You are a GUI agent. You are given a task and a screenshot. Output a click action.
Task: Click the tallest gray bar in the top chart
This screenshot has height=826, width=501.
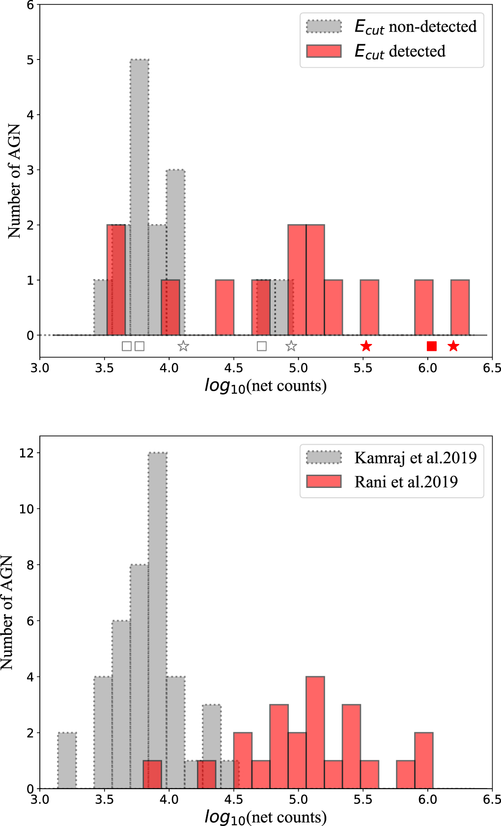(139, 197)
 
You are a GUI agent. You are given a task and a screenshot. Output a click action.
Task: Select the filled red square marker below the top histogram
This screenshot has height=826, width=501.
(432, 346)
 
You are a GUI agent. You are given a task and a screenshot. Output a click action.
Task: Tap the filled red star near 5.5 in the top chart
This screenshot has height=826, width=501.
(366, 346)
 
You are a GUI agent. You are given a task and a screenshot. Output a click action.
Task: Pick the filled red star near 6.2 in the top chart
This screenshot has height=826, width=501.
(453, 346)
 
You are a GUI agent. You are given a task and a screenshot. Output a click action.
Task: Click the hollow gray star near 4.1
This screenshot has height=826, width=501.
(183, 346)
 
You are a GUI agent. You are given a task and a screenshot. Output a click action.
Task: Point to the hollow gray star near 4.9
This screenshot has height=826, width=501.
(291, 346)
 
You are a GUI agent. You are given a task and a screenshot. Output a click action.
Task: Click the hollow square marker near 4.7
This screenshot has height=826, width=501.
(262, 346)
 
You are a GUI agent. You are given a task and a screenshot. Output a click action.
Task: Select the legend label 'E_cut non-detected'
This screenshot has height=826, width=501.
(415, 27)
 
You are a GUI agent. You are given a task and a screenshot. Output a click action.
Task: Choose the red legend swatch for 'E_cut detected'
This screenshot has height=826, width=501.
(324, 51)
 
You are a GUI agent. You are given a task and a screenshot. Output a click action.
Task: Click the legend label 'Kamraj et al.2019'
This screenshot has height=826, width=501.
(415, 458)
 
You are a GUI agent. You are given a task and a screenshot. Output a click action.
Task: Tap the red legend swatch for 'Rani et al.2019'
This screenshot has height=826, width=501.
(324, 482)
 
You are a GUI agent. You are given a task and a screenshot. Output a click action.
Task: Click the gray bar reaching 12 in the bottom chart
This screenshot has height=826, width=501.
(158, 619)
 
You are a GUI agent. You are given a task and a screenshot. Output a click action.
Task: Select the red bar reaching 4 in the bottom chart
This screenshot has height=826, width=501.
(315, 732)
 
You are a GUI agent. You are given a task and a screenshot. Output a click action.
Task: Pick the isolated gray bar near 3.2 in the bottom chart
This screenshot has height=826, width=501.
(67, 761)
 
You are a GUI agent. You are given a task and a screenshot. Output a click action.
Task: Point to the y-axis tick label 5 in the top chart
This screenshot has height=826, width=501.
(29, 60)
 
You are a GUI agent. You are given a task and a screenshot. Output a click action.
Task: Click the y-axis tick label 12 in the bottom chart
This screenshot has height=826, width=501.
(27, 453)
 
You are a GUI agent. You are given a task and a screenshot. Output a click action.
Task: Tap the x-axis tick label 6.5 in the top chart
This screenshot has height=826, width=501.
(492, 369)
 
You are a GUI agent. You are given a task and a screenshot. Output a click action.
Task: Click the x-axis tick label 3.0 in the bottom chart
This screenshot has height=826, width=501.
(40, 799)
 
